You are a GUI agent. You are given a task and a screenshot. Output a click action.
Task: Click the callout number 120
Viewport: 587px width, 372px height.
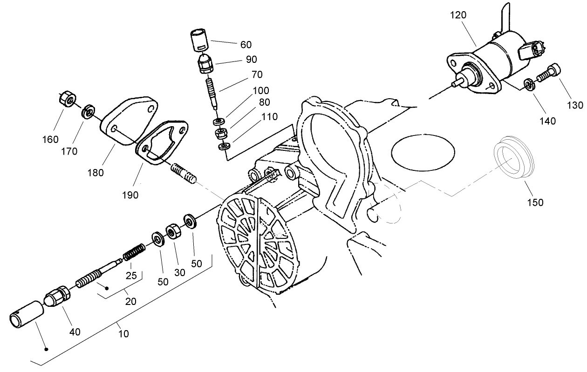(x=458, y=15)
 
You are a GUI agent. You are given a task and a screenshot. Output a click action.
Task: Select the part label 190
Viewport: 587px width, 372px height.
(x=130, y=195)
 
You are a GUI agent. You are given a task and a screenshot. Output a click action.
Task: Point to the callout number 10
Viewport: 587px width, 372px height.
(x=123, y=333)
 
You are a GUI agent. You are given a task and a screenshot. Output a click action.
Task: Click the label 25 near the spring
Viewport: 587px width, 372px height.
(x=131, y=275)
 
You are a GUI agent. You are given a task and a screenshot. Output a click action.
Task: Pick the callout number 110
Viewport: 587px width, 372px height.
(x=269, y=117)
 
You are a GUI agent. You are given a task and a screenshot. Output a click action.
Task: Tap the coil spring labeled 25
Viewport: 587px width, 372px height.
(x=134, y=252)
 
